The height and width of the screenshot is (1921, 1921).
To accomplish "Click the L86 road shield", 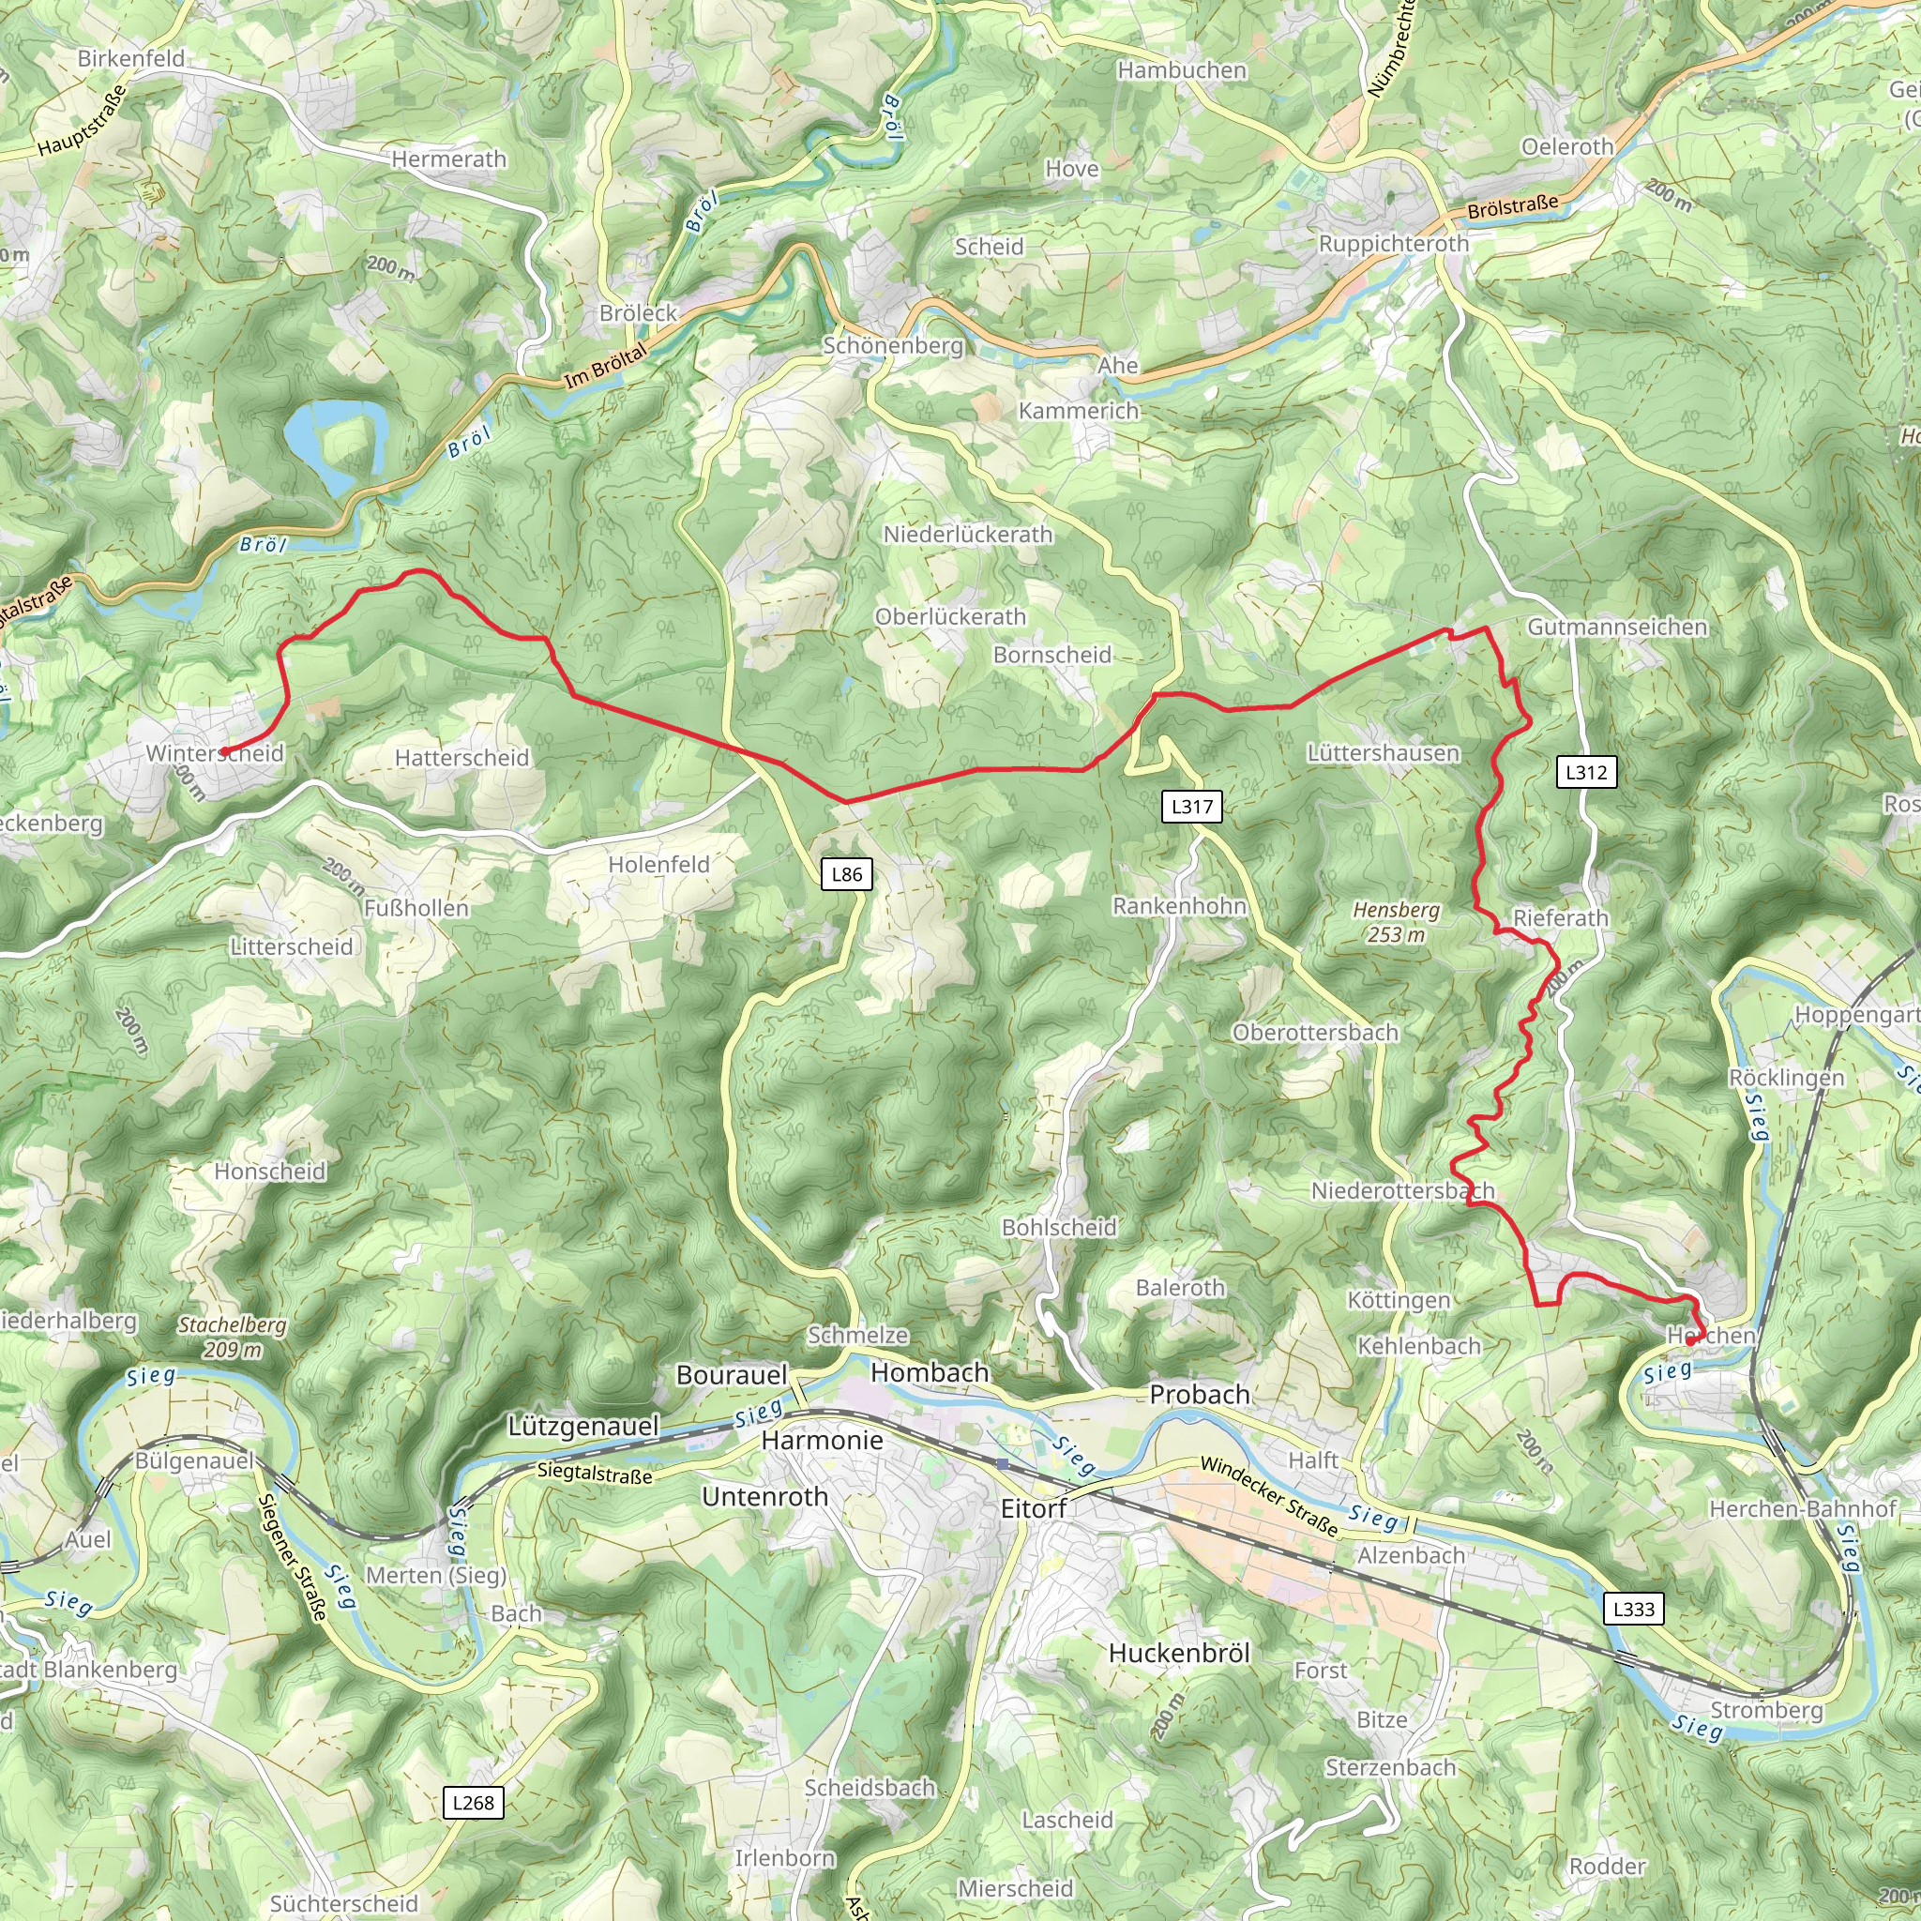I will [846, 874].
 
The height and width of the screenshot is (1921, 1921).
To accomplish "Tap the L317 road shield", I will [1191, 807].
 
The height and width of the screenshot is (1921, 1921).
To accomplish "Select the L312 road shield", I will [1585, 772].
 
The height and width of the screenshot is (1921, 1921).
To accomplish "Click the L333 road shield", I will [1633, 1609].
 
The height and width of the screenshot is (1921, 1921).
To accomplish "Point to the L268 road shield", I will [473, 1803].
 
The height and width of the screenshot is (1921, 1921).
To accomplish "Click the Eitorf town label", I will [1033, 1509].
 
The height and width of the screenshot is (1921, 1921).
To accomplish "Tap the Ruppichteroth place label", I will [1392, 244].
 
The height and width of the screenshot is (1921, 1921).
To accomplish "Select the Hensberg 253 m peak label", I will [1396, 922].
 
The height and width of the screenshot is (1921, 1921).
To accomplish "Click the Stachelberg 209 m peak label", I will [233, 1337].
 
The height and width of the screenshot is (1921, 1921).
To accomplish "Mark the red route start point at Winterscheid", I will [224, 751].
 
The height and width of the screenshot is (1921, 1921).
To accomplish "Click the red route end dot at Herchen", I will [1690, 1341].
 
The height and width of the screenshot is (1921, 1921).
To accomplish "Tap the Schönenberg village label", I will [893, 345].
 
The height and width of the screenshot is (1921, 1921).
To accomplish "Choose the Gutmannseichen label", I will [1617, 627].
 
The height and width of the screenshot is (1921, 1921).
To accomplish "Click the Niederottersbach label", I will [1402, 1190].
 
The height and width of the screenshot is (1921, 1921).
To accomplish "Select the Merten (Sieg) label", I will [435, 1575].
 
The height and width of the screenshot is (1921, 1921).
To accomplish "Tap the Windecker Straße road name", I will [1269, 1495].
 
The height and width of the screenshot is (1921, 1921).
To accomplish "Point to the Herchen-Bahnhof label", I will [1802, 1508].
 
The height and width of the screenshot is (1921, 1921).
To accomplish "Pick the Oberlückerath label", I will [949, 616].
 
